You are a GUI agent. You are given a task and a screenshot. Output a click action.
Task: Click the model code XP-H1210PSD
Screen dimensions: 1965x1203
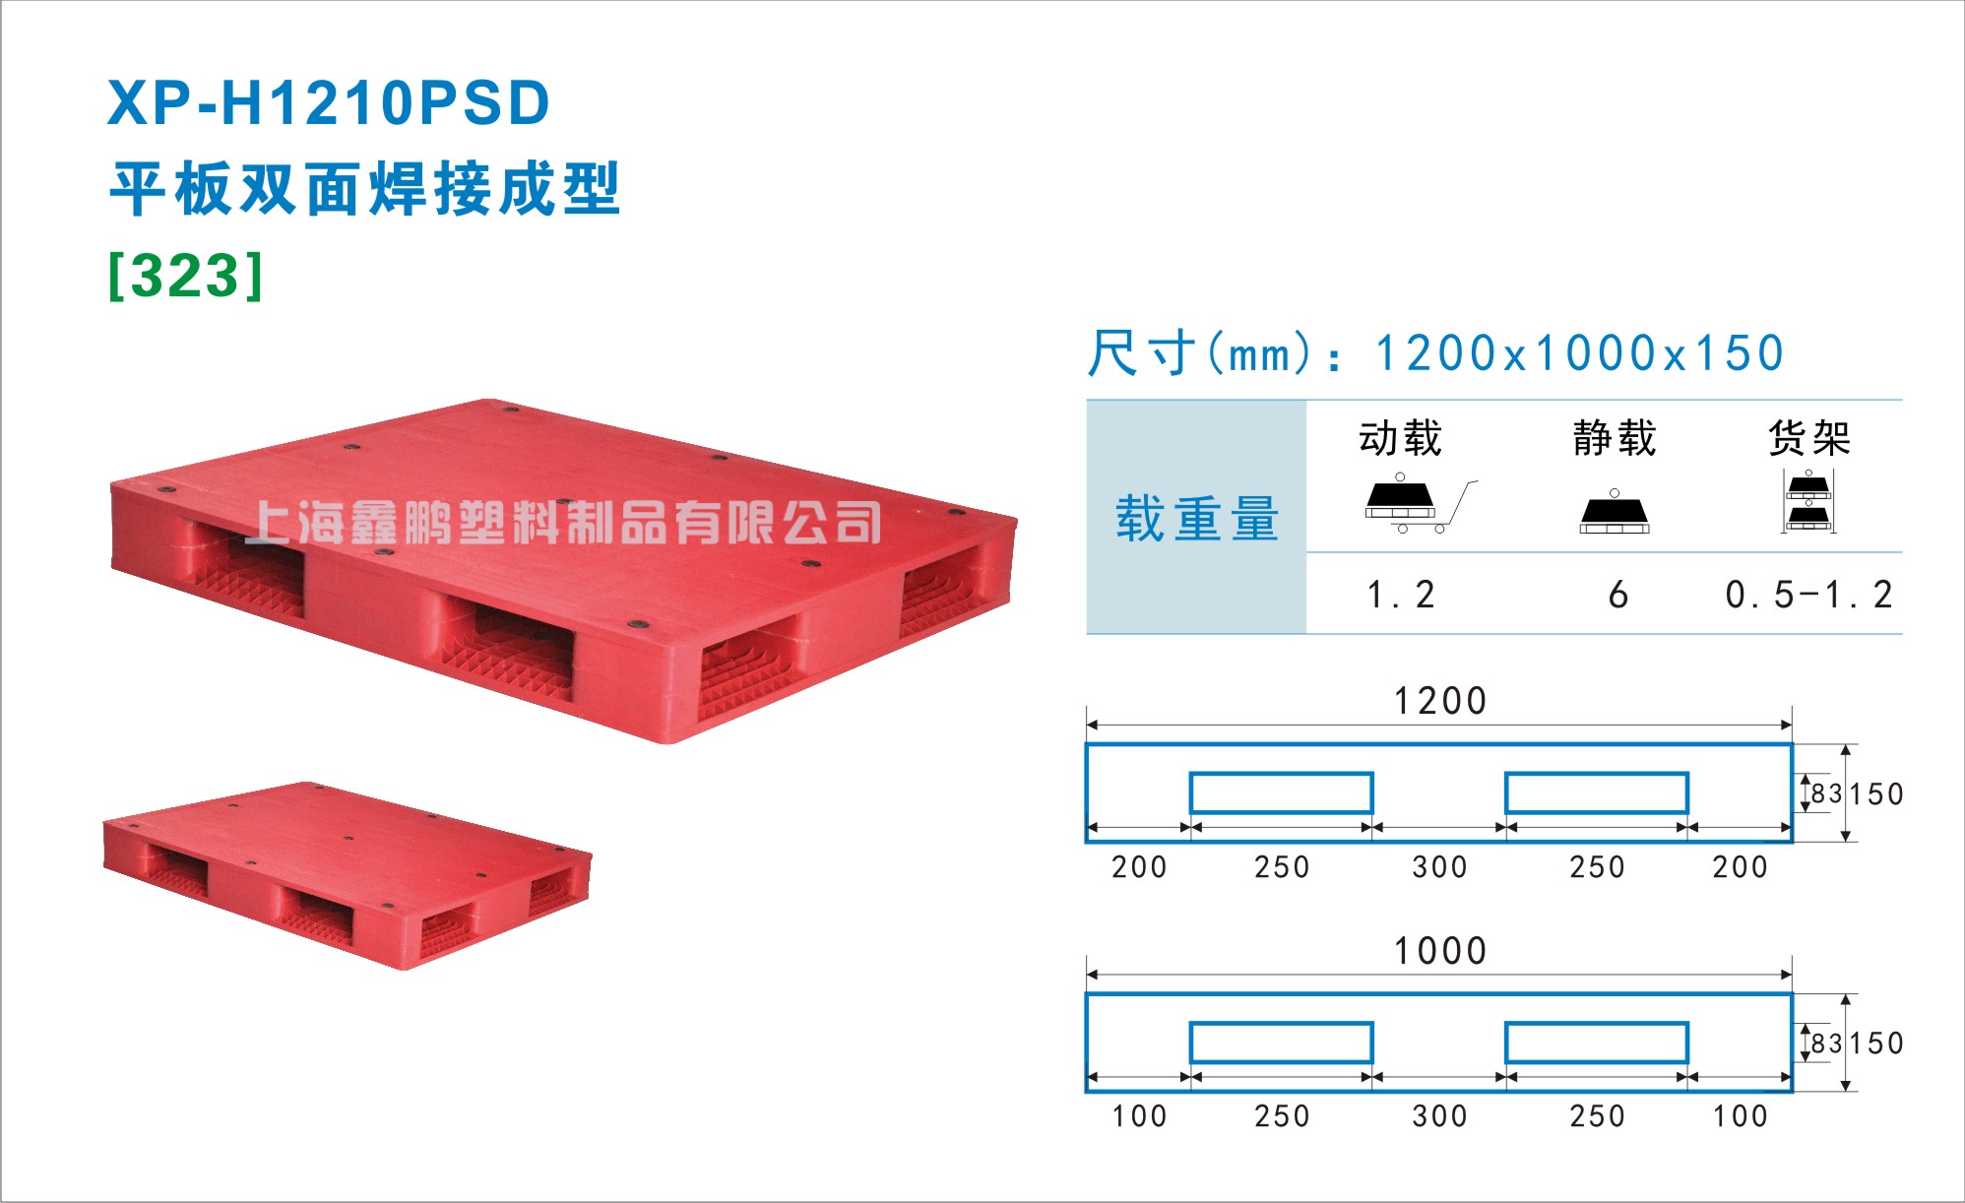[x=328, y=103]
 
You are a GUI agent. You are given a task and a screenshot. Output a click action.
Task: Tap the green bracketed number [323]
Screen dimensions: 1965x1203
[x=186, y=276]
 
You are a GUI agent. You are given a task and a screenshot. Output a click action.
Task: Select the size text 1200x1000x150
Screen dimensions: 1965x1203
[x=1579, y=353]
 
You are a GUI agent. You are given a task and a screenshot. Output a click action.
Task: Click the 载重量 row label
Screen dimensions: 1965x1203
[x=1196, y=519]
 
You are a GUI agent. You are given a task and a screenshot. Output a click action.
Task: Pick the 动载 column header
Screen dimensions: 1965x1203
[x=1400, y=438]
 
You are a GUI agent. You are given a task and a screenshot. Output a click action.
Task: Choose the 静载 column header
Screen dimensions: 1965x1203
[x=1615, y=438]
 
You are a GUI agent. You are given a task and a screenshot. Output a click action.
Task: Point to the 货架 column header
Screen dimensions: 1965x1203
[x=1809, y=438]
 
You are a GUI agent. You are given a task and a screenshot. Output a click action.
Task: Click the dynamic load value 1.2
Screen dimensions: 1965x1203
[x=1401, y=595]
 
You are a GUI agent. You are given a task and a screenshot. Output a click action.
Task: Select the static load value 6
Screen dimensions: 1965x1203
[x=1617, y=595]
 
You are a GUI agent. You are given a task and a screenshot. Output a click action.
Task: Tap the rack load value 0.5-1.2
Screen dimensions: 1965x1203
[x=1808, y=595]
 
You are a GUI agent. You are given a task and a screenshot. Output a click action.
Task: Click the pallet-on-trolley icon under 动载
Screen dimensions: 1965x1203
[x=1419, y=504]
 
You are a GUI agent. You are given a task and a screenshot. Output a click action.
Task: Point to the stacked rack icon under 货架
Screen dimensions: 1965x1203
[x=1808, y=502]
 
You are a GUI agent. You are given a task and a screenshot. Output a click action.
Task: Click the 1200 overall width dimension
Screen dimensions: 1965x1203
[x=1439, y=701]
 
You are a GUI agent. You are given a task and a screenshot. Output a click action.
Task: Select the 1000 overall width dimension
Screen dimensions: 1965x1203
[x=1439, y=951]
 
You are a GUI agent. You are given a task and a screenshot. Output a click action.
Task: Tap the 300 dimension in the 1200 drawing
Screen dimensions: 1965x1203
[x=1439, y=867]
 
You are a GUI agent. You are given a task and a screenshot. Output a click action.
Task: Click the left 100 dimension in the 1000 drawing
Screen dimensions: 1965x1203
[x=1139, y=1116]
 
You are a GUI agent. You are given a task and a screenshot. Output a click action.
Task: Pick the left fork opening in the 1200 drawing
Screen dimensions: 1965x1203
[x=1281, y=774]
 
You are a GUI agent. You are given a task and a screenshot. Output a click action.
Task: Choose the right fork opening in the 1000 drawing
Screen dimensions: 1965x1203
[x=1597, y=1024]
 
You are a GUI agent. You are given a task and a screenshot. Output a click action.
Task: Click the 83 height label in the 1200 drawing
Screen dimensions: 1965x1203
[x=1826, y=793]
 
